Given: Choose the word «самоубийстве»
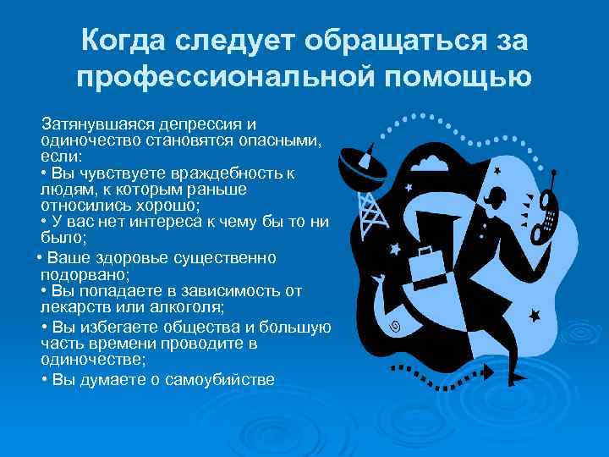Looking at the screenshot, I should [x=218, y=379].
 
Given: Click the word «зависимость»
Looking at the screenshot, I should [x=233, y=290].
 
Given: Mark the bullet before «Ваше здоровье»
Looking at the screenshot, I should [x=40, y=257].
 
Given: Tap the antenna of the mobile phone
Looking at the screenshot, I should [x=551, y=181].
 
